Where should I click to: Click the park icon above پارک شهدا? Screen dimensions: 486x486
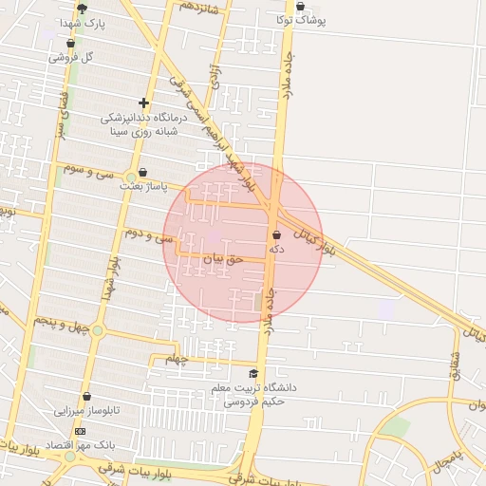(82, 8)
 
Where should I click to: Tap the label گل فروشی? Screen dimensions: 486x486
(76, 56)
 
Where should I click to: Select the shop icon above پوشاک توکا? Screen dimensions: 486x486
(300, 6)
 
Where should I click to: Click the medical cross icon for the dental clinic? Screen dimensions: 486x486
(143, 103)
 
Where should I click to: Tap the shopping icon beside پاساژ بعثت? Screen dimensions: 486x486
(142, 173)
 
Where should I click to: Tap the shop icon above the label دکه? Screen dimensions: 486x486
(276, 234)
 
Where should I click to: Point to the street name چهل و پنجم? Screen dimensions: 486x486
(62, 325)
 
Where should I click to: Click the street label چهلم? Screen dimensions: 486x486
(178, 359)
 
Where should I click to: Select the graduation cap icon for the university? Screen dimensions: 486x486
(253, 373)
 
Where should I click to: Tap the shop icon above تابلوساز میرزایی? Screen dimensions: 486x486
(86, 397)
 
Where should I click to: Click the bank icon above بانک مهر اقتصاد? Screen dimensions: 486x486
(79, 431)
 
